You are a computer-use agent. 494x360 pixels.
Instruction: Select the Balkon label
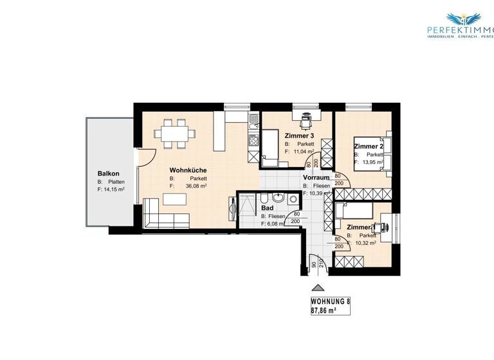coord(108,173)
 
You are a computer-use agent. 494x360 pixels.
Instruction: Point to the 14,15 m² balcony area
coord(114,190)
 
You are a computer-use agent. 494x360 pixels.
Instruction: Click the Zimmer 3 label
coord(299,136)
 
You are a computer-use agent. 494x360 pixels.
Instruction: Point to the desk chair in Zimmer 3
coord(306,117)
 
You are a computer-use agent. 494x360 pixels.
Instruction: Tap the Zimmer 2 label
coord(369,147)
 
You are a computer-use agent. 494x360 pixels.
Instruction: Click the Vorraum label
coord(316,177)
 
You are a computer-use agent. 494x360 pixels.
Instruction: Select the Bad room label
coord(267,208)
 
